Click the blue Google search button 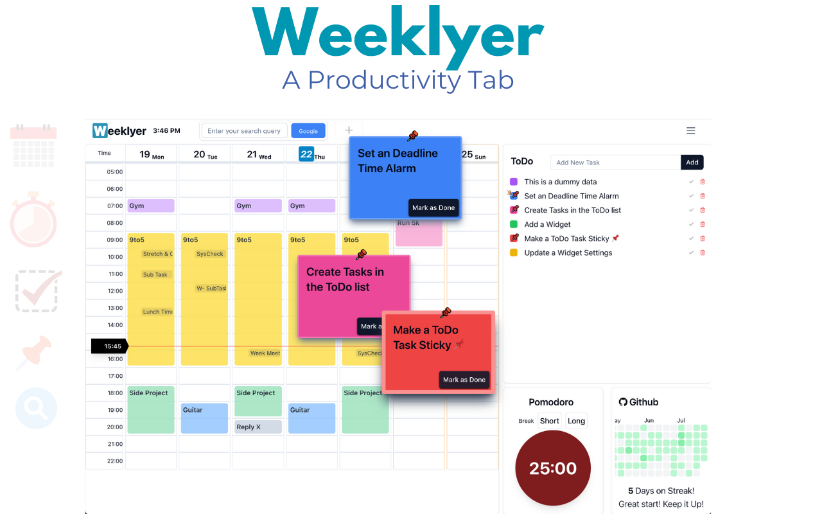point(308,131)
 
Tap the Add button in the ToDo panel point(692,163)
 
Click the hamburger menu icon point(691,131)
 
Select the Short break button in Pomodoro point(550,421)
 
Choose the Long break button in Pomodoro point(576,421)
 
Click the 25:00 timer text point(553,468)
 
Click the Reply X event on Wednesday point(258,427)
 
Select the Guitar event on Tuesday point(204,418)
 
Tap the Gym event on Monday point(151,206)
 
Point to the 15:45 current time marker point(110,346)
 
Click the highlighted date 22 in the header point(306,154)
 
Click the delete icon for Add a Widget point(703,224)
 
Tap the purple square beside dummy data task point(514,182)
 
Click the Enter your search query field point(244,131)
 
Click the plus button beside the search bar point(349,130)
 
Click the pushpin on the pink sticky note point(361,255)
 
